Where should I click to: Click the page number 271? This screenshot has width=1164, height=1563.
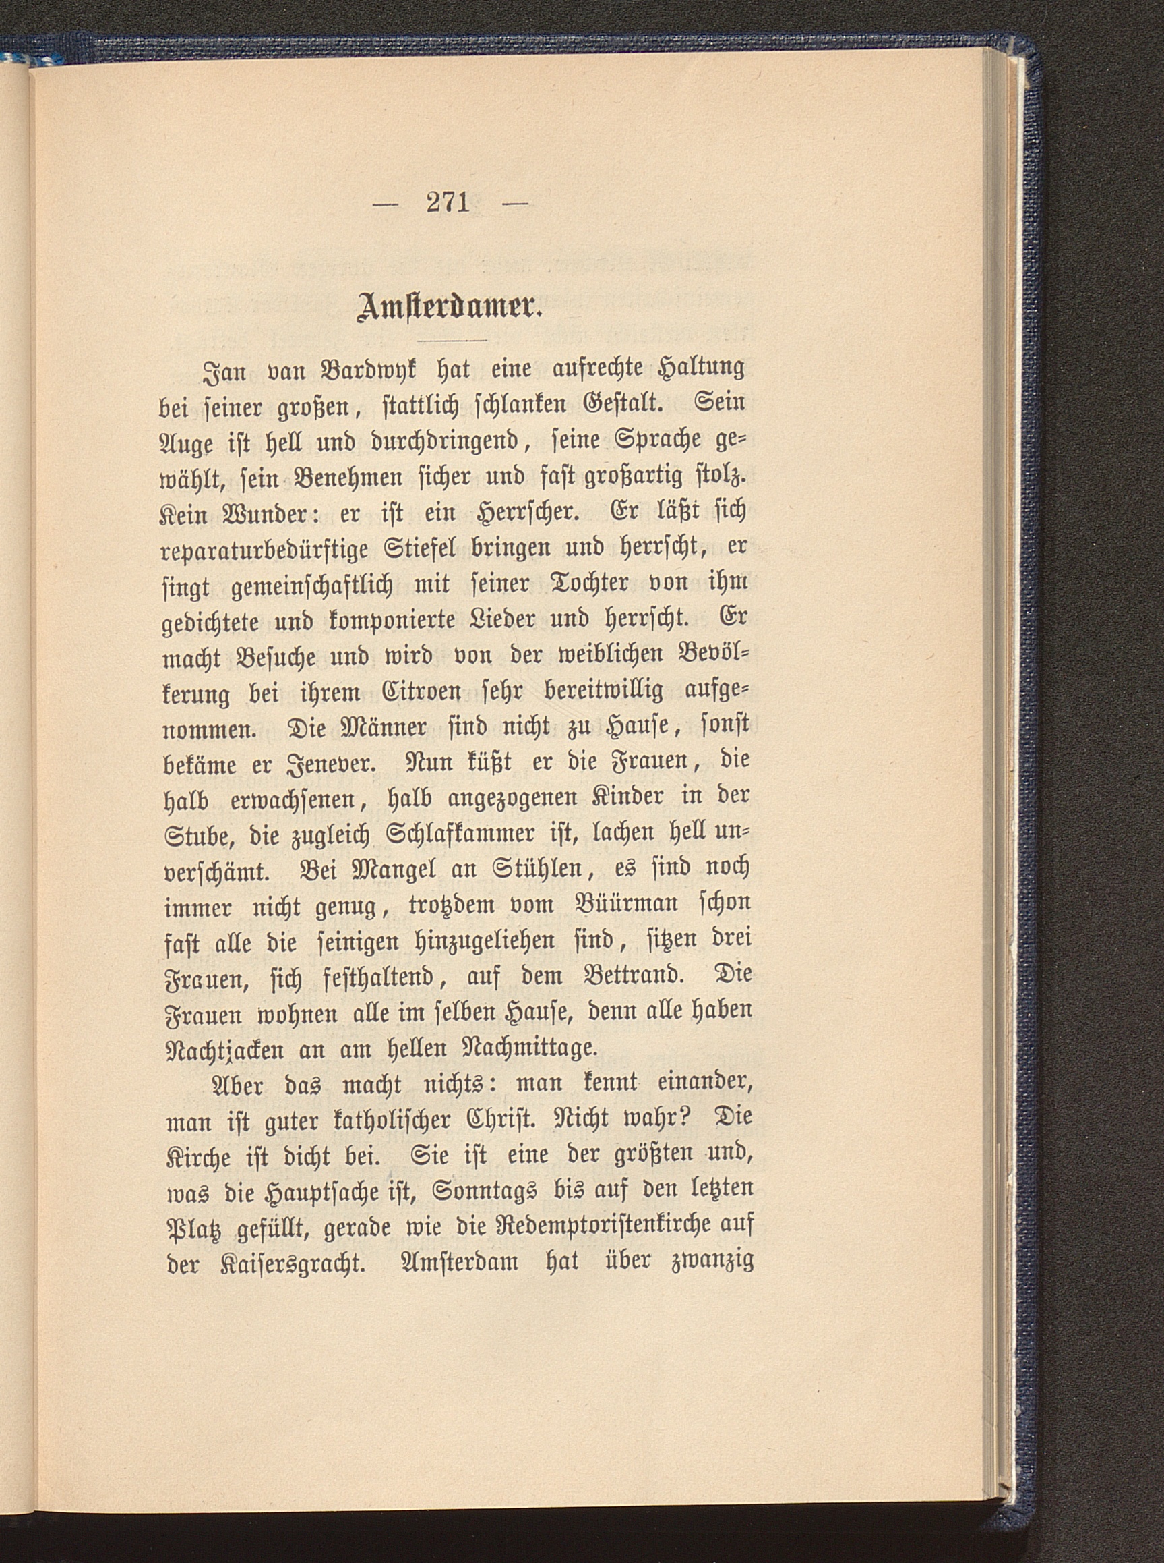448,203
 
